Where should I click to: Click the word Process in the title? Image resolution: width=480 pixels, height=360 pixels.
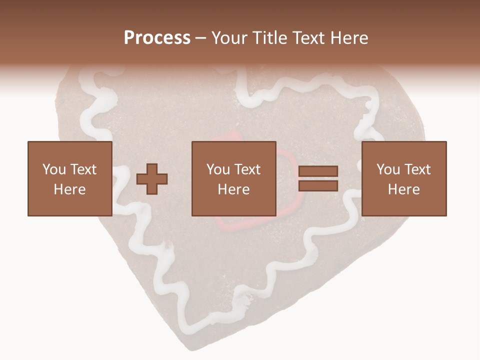tap(157, 38)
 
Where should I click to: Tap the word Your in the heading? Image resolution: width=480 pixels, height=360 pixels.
tap(229, 38)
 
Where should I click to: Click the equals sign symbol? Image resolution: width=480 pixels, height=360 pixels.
tap(318, 178)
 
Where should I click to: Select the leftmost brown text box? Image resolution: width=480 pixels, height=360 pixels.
tap(69, 178)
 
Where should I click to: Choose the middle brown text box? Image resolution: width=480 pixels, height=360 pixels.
tap(234, 178)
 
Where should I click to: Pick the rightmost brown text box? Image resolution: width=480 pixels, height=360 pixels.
tap(403, 178)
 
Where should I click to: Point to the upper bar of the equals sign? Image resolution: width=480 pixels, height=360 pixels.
tap(318, 172)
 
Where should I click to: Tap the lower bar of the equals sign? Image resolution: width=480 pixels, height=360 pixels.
tap(318, 185)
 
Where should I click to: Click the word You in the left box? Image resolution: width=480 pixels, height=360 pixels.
tap(53, 169)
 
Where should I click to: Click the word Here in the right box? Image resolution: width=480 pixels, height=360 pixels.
tap(403, 189)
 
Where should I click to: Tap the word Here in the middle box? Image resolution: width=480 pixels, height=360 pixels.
tap(234, 189)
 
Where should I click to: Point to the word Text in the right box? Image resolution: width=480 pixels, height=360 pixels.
tap(417, 169)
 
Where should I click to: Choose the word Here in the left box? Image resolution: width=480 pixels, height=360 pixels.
tap(69, 189)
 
